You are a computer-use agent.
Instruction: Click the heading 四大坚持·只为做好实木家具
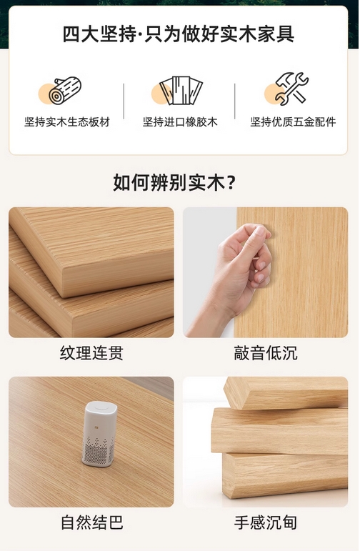(179, 34)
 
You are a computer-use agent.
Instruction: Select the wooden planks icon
(181, 90)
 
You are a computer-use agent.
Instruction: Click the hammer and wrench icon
(292, 89)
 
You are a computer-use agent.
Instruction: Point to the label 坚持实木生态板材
(67, 122)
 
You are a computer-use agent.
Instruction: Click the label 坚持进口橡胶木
(180, 122)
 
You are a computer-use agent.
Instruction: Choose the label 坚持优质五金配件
(293, 122)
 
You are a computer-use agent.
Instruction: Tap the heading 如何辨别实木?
(174, 182)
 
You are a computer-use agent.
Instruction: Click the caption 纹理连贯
(91, 353)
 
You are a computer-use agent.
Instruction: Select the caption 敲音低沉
(266, 353)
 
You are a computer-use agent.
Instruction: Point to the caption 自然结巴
(91, 522)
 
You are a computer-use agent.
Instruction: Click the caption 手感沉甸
(266, 522)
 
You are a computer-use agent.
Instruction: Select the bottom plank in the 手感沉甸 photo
(285, 475)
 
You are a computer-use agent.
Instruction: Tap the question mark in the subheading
(231, 183)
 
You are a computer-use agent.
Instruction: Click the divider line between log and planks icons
(124, 101)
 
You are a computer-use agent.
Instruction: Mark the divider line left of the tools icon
(235, 101)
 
